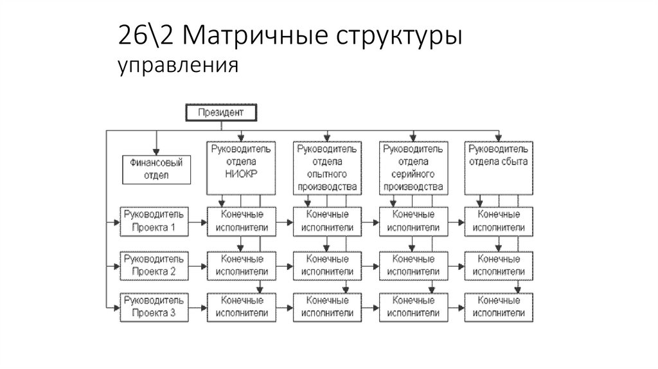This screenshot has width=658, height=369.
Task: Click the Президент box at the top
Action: coord(220,113)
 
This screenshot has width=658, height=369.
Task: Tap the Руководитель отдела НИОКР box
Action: coord(241,168)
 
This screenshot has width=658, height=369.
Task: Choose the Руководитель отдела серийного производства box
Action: coord(413,168)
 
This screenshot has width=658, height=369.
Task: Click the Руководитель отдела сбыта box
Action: coord(499,168)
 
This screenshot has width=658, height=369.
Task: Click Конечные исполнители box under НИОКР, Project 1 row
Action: coord(241,221)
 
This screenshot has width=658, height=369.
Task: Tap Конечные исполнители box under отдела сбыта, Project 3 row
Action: coord(499,307)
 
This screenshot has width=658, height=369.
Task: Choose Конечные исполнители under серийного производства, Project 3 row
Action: coord(413,307)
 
